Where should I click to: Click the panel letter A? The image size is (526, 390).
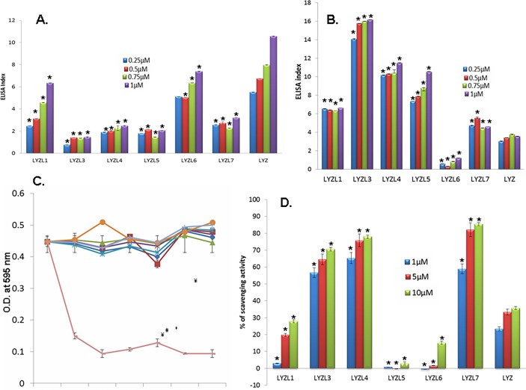(52, 22)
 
